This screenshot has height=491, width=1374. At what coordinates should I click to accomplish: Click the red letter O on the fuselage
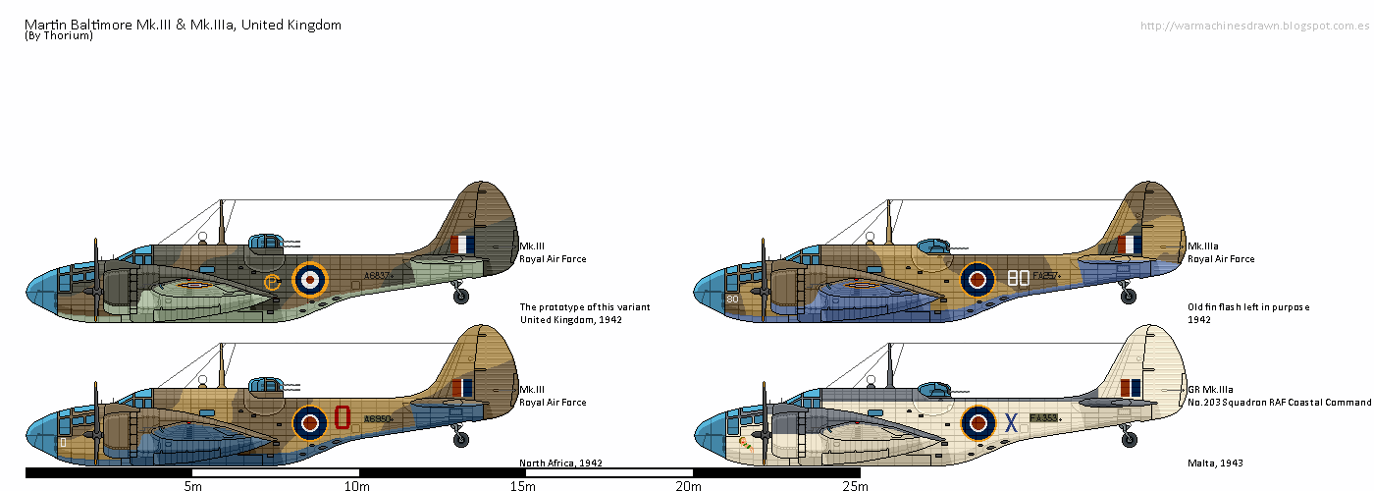click(x=343, y=417)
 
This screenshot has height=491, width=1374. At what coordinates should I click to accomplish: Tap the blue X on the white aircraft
click(x=1011, y=422)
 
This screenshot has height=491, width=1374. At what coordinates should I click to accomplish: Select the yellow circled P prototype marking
click(x=273, y=283)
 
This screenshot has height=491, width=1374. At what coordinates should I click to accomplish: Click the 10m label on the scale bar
click(x=356, y=485)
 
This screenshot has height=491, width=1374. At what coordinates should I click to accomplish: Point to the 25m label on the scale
click(x=854, y=485)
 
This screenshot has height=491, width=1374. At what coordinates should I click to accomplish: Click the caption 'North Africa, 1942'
click(x=560, y=463)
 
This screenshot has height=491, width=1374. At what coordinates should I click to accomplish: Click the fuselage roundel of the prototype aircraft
click(x=310, y=280)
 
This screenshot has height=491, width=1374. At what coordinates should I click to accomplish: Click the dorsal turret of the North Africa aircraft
click(x=265, y=384)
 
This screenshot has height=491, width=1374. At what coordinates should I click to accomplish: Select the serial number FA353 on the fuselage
click(x=1043, y=417)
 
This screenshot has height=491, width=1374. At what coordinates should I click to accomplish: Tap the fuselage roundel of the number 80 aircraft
click(x=978, y=280)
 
